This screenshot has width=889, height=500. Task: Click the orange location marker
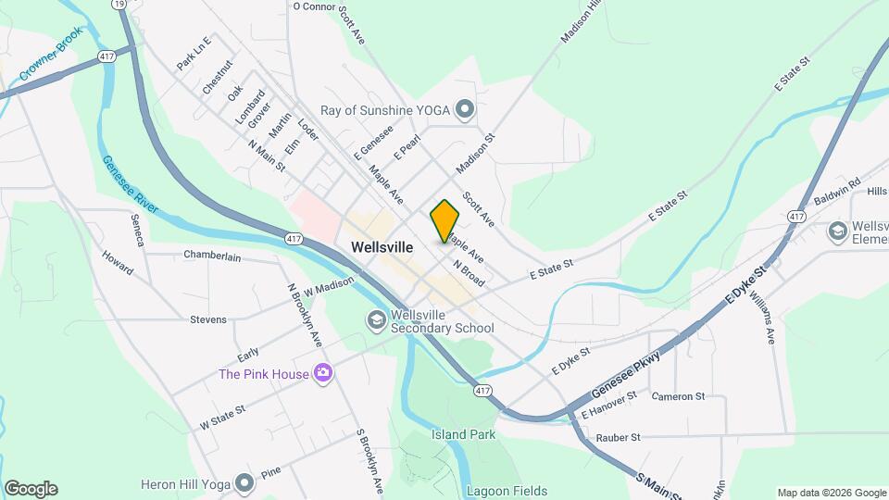click(444, 220)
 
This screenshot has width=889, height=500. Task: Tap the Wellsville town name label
click(382, 247)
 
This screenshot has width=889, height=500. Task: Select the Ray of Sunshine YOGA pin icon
click(465, 111)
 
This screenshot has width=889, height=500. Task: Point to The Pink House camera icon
click(322, 373)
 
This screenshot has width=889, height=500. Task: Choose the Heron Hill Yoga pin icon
click(244, 483)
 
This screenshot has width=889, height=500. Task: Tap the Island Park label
click(463, 434)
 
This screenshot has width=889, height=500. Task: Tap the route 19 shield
click(119, 5)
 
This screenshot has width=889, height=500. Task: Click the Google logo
click(31, 489)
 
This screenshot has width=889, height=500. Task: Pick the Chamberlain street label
click(219, 255)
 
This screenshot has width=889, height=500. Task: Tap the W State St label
click(223, 417)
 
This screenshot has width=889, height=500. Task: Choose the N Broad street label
click(469, 272)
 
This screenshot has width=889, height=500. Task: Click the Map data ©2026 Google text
click(830, 493)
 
